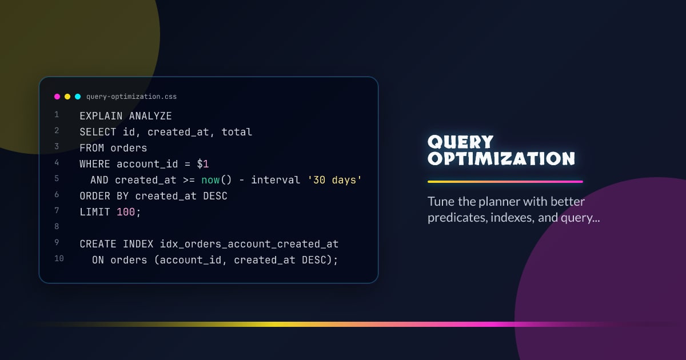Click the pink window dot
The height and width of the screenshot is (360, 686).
[57, 97]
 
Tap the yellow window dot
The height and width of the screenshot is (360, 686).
[67, 97]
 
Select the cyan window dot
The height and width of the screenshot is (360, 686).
[78, 97]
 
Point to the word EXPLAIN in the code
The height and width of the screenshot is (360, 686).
[101, 116]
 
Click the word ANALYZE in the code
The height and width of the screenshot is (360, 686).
[150, 116]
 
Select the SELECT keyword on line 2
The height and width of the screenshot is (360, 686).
[98, 132]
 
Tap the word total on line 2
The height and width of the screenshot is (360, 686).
[237, 132]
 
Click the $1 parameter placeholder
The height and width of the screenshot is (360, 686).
[203, 164]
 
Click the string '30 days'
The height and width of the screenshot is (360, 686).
[334, 180]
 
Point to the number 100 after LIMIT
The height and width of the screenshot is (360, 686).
[126, 212]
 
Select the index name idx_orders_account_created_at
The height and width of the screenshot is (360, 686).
[249, 244]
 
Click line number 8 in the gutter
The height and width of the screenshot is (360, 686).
[57, 227]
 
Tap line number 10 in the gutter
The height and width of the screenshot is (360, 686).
[59, 259]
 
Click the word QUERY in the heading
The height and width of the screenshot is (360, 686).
[460, 142]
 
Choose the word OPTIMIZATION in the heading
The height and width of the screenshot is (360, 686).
[501, 158]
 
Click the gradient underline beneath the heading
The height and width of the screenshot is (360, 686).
[505, 182]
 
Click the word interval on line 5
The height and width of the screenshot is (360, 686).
[276, 180]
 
